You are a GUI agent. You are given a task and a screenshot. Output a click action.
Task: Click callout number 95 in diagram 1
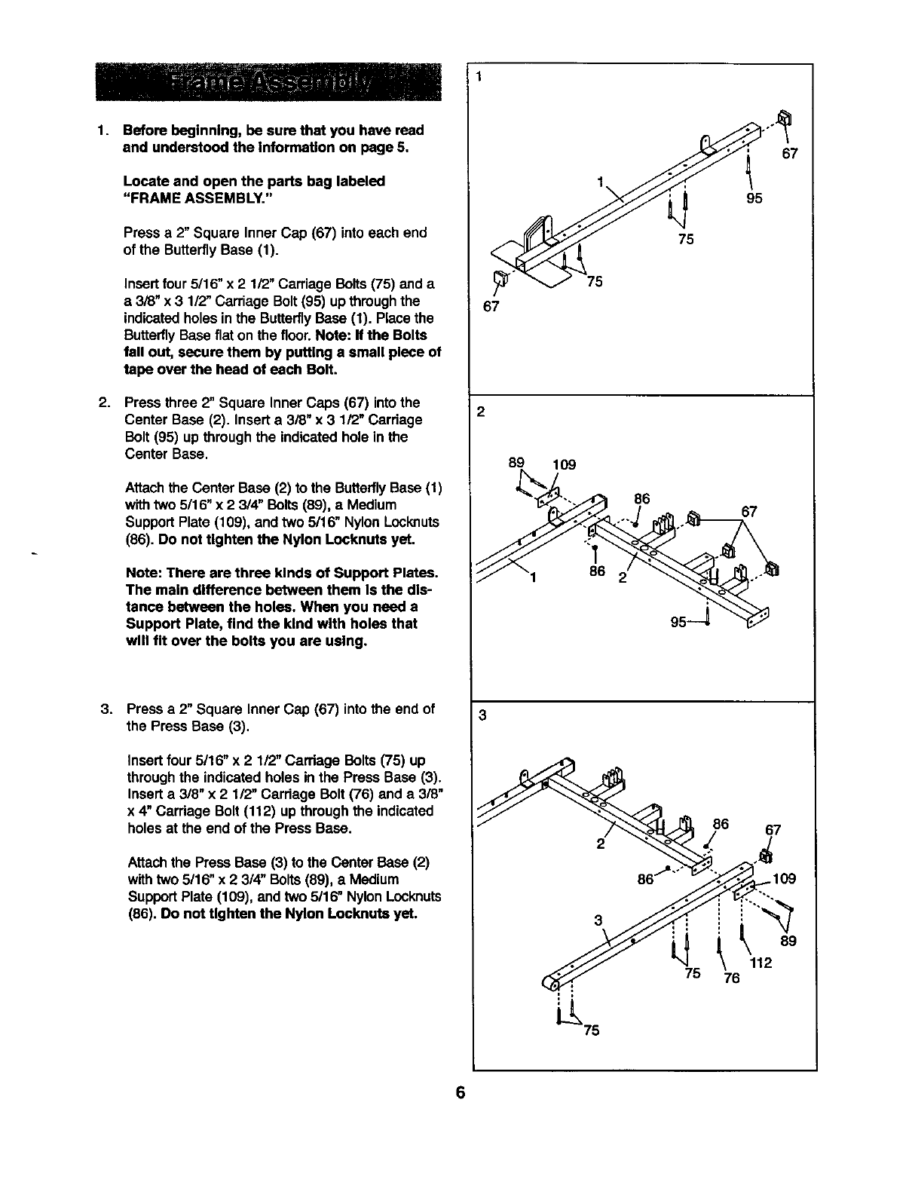[754, 198]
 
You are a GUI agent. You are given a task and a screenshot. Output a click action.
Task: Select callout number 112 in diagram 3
[762, 963]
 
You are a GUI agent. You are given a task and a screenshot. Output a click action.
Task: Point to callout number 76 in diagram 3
[732, 978]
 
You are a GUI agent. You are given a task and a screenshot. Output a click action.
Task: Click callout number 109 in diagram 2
[564, 464]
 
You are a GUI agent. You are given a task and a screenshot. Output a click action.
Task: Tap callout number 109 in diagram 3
[785, 879]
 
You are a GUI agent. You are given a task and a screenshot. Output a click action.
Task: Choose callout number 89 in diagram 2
[516, 462]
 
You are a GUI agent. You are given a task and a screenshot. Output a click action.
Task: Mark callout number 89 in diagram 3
[788, 941]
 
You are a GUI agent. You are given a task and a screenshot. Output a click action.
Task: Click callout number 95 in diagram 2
[679, 623]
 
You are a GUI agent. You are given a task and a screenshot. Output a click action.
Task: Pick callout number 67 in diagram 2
[749, 512]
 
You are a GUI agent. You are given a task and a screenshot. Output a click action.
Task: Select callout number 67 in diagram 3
[773, 831]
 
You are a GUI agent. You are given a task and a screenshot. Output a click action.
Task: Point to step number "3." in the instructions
[108, 709]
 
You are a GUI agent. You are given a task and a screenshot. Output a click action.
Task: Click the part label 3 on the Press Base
[598, 920]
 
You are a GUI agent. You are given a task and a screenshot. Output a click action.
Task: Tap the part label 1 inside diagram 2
[534, 578]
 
